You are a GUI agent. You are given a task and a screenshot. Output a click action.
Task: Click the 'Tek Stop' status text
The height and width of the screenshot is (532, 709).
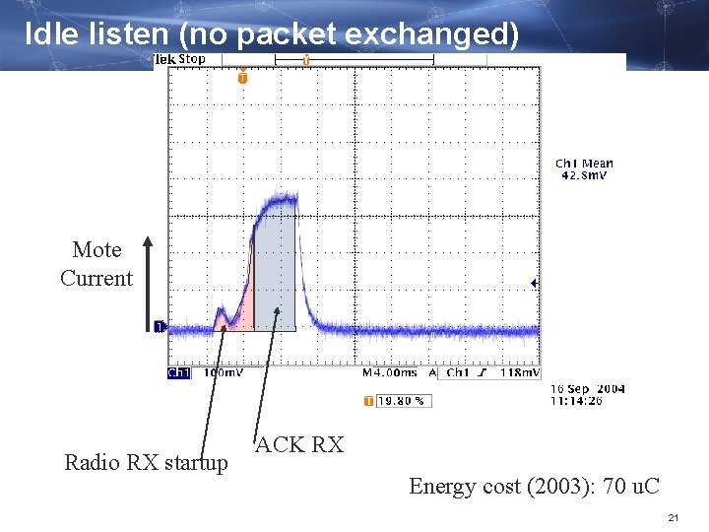(x=180, y=59)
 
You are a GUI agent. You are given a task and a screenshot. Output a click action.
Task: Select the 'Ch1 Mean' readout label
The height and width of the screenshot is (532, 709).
(x=584, y=164)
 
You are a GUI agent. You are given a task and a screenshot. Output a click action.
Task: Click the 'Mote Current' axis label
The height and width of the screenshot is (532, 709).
(x=97, y=264)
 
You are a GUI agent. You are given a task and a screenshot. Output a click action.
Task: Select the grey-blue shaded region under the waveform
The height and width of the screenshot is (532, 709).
(x=275, y=276)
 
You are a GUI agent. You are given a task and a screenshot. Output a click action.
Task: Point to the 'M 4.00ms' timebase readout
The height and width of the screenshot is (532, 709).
(x=390, y=373)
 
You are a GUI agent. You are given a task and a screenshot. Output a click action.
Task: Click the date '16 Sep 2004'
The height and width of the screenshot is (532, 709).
(x=587, y=390)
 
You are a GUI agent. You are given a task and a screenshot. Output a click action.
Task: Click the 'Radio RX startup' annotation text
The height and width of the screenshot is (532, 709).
(x=146, y=462)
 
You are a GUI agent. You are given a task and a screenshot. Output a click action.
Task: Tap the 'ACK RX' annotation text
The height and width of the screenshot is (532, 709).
(x=299, y=445)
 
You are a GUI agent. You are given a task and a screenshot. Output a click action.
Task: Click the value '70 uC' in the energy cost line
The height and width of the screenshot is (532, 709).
(x=630, y=486)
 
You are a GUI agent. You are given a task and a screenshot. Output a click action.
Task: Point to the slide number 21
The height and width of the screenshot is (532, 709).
(x=674, y=518)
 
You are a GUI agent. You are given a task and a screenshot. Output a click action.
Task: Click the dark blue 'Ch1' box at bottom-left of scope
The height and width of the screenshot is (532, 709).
(x=178, y=373)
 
